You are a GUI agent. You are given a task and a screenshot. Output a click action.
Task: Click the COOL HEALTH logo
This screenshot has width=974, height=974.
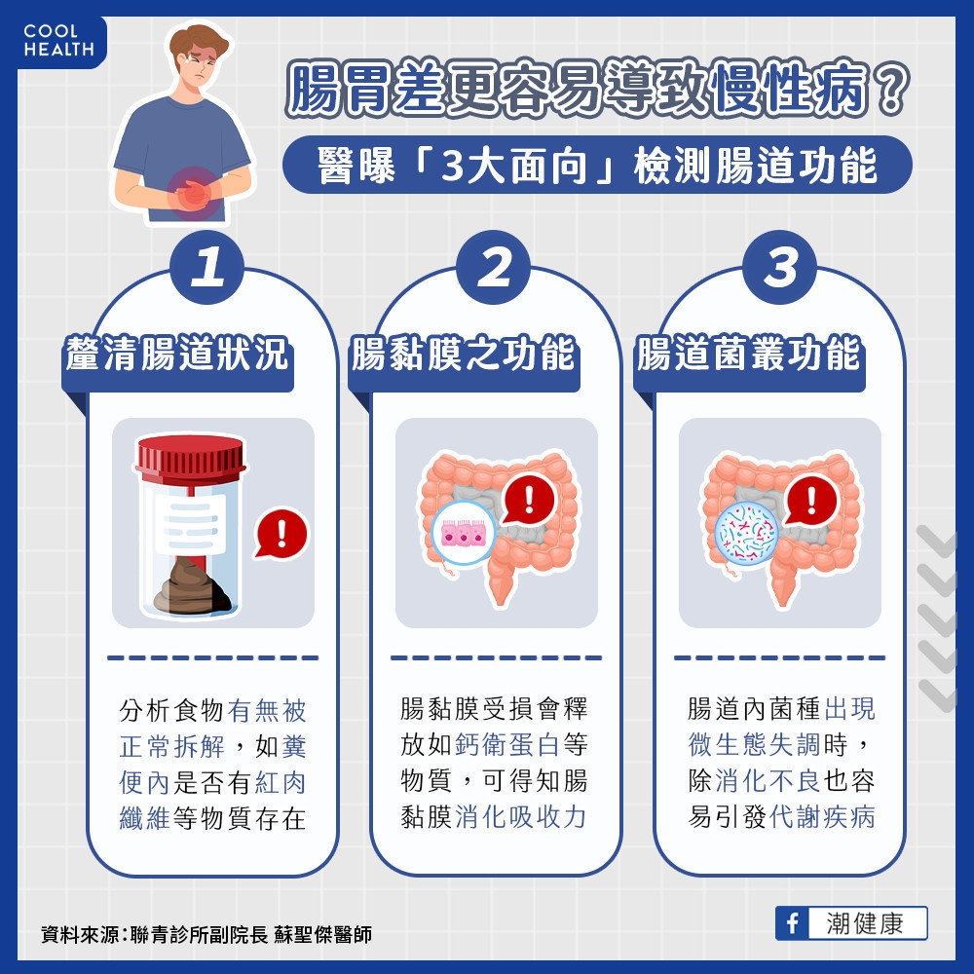(x=58, y=41)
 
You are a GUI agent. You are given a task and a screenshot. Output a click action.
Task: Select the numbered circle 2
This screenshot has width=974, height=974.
(x=494, y=269)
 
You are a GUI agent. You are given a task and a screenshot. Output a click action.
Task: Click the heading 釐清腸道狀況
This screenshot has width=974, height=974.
(x=177, y=356)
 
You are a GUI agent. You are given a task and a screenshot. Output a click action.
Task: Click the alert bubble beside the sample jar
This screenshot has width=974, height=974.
(x=281, y=533)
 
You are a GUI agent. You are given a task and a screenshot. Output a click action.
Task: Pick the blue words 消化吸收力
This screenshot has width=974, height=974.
(x=520, y=816)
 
